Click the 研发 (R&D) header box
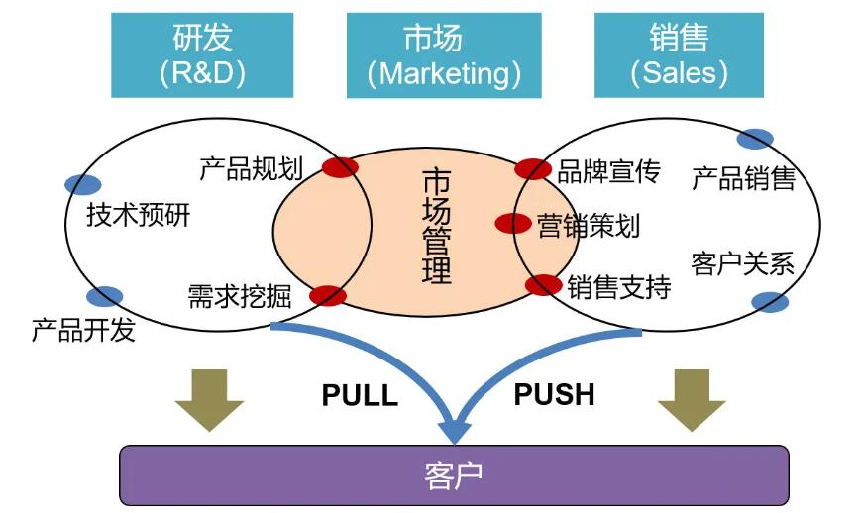pyautogui.click(x=202, y=55)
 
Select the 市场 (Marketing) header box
pyautogui.click(x=443, y=55)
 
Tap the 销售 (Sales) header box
pyautogui.click(x=678, y=55)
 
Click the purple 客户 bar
pyautogui.click(x=454, y=475)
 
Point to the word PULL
pyautogui.click(x=360, y=396)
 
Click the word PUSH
pyautogui.click(x=554, y=394)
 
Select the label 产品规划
pyautogui.click(x=251, y=169)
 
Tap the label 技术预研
pyautogui.click(x=138, y=215)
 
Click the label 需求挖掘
pyautogui.click(x=240, y=296)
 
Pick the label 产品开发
pyautogui.click(x=83, y=330)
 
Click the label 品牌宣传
pyautogui.click(x=608, y=172)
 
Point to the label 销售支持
pyautogui.click(x=619, y=288)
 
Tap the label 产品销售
pyautogui.click(x=743, y=179)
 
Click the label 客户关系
pyautogui.click(x=743, y=264)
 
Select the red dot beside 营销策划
pyautogui.click(x=513, y=224)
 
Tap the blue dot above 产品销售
pyautogui.click(x=755, y=140)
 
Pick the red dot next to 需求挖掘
pyautogui.click(x=328, y=295)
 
